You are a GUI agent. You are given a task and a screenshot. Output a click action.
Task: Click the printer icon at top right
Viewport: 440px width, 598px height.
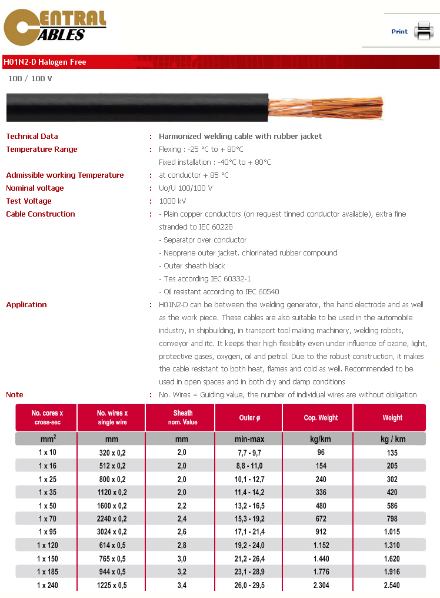[423, 31]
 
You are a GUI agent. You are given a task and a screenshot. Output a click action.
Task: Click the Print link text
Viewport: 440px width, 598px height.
[399, 32]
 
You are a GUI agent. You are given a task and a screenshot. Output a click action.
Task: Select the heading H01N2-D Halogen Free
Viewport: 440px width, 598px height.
[45, 62]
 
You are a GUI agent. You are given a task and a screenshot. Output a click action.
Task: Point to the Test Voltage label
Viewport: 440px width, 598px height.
[29, 201]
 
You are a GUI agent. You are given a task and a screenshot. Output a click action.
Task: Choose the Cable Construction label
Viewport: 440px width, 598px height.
[41, 214]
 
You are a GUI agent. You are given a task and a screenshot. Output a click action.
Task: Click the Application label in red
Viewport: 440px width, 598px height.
[26, 305]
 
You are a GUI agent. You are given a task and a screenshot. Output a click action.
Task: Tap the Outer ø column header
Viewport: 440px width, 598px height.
[249, 418]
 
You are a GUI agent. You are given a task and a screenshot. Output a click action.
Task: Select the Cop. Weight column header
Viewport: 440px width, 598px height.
[321, 418]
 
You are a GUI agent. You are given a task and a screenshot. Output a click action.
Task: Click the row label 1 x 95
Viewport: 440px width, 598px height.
[47, 532]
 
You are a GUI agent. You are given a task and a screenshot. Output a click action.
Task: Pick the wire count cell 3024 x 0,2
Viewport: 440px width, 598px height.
[112, 532]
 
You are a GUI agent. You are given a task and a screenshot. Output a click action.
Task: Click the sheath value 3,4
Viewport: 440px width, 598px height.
[181, 586]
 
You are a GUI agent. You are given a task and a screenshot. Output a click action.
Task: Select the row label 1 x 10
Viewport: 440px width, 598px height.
[47, 453]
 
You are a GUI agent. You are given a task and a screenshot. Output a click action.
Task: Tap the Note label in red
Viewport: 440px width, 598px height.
[15, 395]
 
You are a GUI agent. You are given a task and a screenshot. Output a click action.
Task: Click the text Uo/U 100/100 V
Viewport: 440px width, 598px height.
[186, 188]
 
